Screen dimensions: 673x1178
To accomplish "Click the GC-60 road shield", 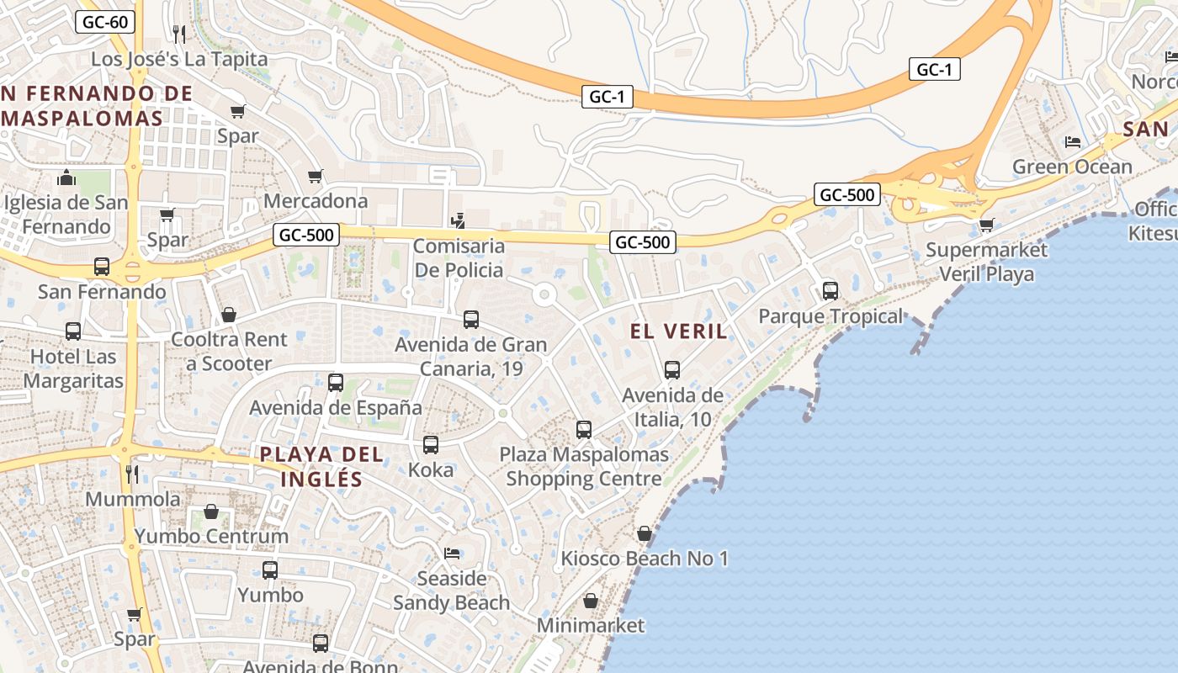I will [106, 22].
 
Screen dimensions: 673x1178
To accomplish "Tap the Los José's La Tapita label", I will [179, 59].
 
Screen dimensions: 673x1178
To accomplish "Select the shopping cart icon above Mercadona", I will [316, 176].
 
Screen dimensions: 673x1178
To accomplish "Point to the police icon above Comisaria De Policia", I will [458, 221].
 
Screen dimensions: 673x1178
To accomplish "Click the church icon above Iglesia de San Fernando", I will [66, 178].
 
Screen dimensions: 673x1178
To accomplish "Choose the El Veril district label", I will [678, 331].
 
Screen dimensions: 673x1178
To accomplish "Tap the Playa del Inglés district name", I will [321, 467].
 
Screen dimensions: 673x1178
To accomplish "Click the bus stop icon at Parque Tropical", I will [830, 291].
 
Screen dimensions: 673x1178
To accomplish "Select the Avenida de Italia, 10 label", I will [672, 407].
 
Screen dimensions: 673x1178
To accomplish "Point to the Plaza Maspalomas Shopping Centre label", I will [584, 467].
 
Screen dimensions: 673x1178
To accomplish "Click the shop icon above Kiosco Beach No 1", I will [645, 533].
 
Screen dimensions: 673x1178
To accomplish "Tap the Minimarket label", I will [591, 625].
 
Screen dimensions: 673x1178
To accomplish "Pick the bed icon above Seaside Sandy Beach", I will [452, 554].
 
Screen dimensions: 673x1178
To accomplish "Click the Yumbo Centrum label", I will [211, 536].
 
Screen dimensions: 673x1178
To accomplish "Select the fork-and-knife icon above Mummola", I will [132, 474].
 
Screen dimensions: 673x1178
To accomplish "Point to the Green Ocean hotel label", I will [1072, 167].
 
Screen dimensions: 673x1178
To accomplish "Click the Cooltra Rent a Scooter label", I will [229, 352].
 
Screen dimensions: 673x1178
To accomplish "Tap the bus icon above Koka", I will [431, 444].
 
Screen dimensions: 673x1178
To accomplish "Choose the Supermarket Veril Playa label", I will [986, 262].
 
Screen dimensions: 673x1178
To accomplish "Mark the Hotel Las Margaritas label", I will [73, 368].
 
